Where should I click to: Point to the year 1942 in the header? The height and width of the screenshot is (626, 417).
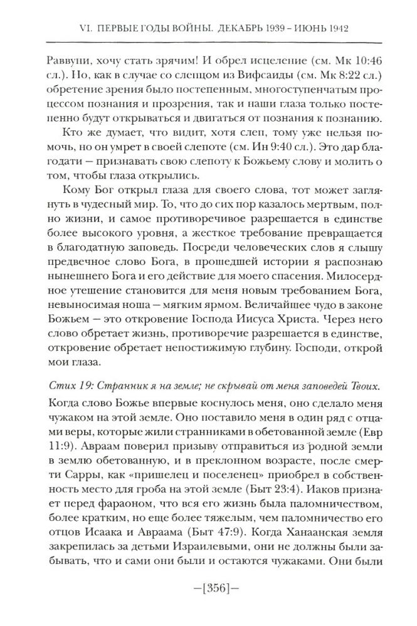pyautogui.click(x=335, y=28)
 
